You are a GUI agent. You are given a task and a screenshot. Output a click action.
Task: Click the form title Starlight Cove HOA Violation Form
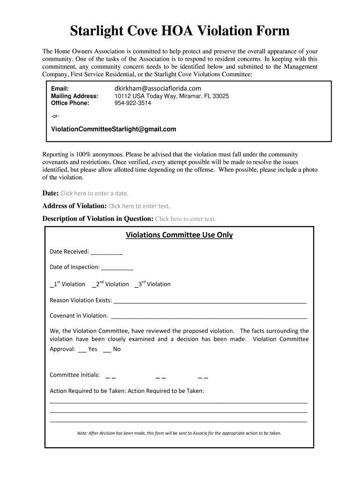(180, 31)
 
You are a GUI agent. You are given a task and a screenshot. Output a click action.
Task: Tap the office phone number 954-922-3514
(133, 103)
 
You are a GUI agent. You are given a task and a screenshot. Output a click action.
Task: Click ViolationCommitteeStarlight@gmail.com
(114, 129)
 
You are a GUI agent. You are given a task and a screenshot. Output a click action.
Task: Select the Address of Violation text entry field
(139, 206)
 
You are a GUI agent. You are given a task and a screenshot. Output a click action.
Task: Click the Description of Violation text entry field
(185, 218)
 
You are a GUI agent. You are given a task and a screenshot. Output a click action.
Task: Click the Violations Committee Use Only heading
(179, 235)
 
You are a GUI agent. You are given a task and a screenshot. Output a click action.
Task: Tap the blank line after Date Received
(107, 253)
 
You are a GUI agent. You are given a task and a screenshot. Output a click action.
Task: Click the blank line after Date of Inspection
(117, 268)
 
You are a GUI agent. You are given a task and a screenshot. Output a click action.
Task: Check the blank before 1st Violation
(51, 285)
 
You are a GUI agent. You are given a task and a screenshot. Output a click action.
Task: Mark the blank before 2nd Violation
(94, 285)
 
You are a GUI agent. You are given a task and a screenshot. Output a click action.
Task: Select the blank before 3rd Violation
(136, 285)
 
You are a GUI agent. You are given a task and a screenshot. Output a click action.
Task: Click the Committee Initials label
(75, 375)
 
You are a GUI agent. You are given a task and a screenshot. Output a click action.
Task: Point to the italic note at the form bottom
(179, 433)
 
